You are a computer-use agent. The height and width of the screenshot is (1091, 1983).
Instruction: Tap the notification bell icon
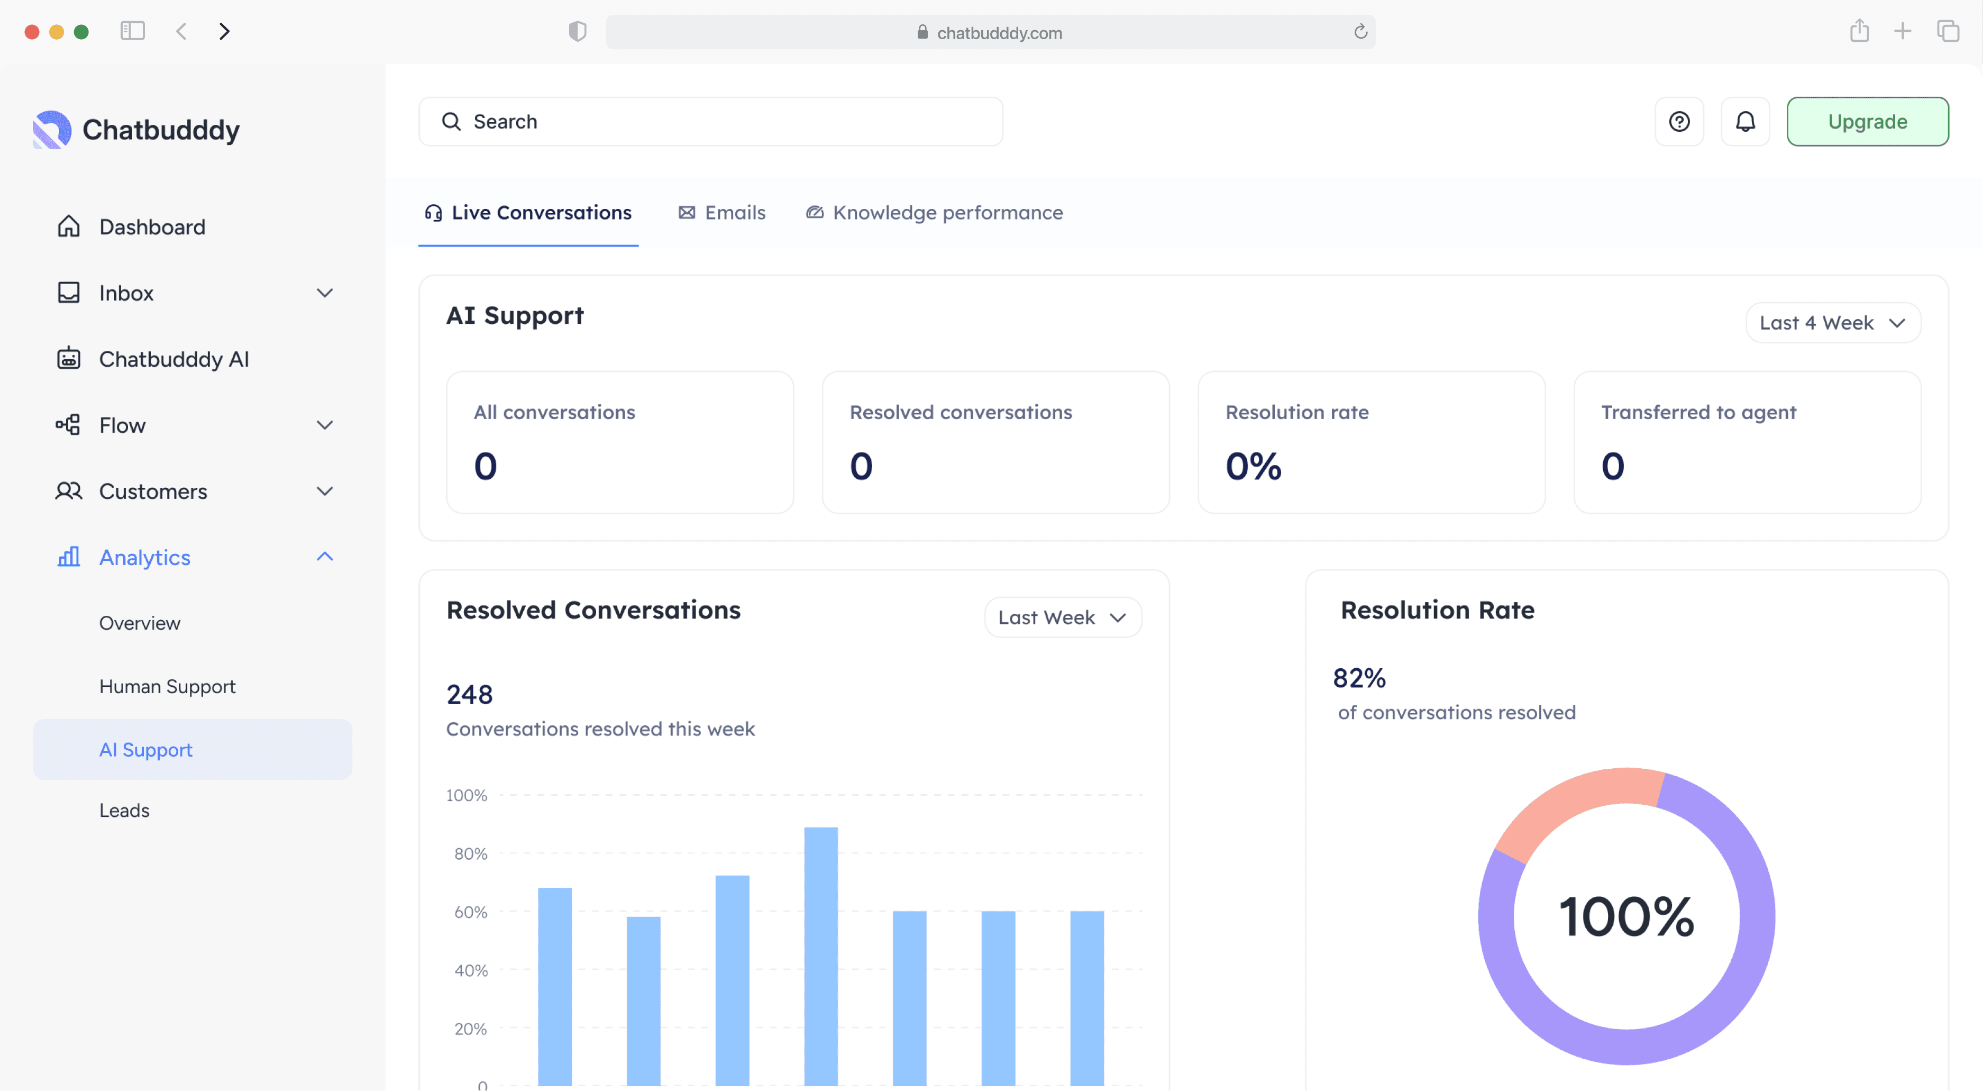coord(1744,122)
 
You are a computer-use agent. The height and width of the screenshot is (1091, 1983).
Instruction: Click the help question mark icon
coord(1679,122)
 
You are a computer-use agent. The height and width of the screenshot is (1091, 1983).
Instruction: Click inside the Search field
coord(710,122)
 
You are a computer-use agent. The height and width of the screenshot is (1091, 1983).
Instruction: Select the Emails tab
coord(721,213)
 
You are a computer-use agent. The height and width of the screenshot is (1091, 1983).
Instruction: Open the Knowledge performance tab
coord(934,213)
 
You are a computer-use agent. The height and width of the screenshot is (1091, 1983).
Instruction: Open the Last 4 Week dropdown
coord(1832,323)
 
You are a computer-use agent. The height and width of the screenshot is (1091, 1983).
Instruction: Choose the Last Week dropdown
coord(1062,617)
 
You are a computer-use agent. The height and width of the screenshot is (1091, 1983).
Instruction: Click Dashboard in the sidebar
coord(152,227)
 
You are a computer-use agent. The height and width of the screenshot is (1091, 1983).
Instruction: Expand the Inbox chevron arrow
coord(325,293)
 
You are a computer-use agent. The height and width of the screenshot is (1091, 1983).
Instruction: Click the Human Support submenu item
coord(167,686)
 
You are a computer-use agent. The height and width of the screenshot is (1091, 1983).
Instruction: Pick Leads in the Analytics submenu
coord(124,810)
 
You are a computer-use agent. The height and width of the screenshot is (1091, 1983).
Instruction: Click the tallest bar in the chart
coord(820,954)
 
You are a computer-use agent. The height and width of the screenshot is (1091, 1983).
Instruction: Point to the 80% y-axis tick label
coord(470,853)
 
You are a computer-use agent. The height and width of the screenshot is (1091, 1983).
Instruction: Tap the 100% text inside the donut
coord(1626,916)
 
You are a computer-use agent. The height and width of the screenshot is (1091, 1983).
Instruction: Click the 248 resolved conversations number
coord(469,695)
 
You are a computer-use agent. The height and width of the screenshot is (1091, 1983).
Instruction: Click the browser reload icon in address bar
coord(1360,32)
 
